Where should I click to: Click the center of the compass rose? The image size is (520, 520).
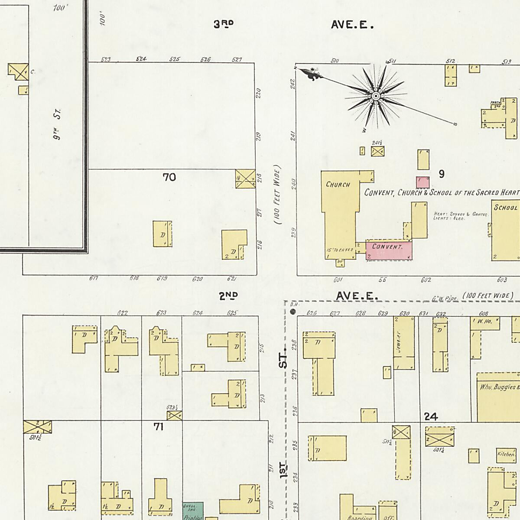point(376,96)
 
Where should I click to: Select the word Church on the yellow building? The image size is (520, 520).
point(338,185)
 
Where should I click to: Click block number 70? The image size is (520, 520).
point(169,177)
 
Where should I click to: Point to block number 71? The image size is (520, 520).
point(159,427)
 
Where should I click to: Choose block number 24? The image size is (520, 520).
point(431,417)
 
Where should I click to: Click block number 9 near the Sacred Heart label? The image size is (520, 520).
point(441,174)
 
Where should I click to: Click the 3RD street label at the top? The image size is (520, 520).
point(224,24)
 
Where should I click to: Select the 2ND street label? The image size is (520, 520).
point(228,296)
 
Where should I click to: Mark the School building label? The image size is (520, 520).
point(506,208)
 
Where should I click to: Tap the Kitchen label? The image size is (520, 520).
point(506,454)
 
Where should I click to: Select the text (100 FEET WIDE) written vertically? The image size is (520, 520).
point(278,195)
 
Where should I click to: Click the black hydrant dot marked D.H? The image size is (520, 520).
point(292,312)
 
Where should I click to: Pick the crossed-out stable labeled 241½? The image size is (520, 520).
point(378,151)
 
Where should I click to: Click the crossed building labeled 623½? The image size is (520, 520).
point(174,416)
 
